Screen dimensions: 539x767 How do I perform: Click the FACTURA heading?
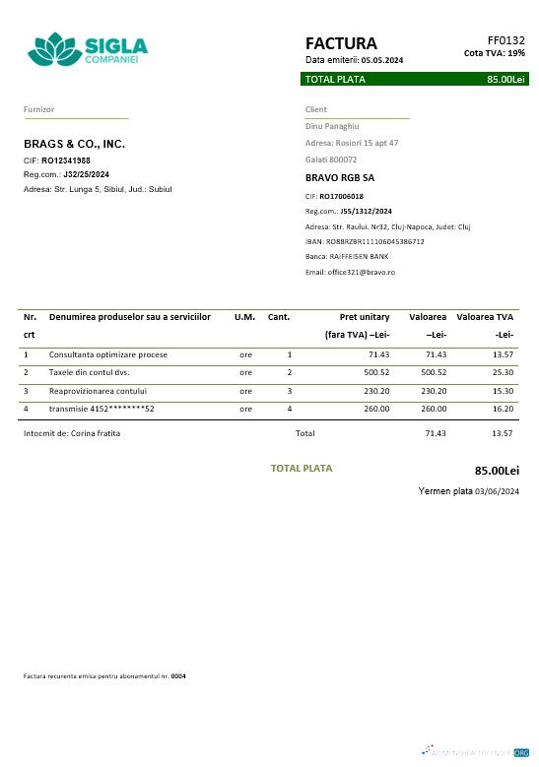(341, 43)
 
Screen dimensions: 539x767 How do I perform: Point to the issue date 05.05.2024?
(382, 60)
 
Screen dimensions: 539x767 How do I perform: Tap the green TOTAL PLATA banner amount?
(505, 79)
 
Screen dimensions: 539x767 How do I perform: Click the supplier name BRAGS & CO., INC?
(75, 144)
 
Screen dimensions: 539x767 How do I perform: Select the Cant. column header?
(279, 317)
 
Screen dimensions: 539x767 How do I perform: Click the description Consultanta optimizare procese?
(108, 353)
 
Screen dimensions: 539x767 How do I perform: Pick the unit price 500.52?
(376, 372)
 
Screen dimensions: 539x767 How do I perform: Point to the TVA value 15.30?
(502, 391)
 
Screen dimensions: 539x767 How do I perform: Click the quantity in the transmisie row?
(289, 409)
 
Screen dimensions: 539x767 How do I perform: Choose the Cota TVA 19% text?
(494, 53)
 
